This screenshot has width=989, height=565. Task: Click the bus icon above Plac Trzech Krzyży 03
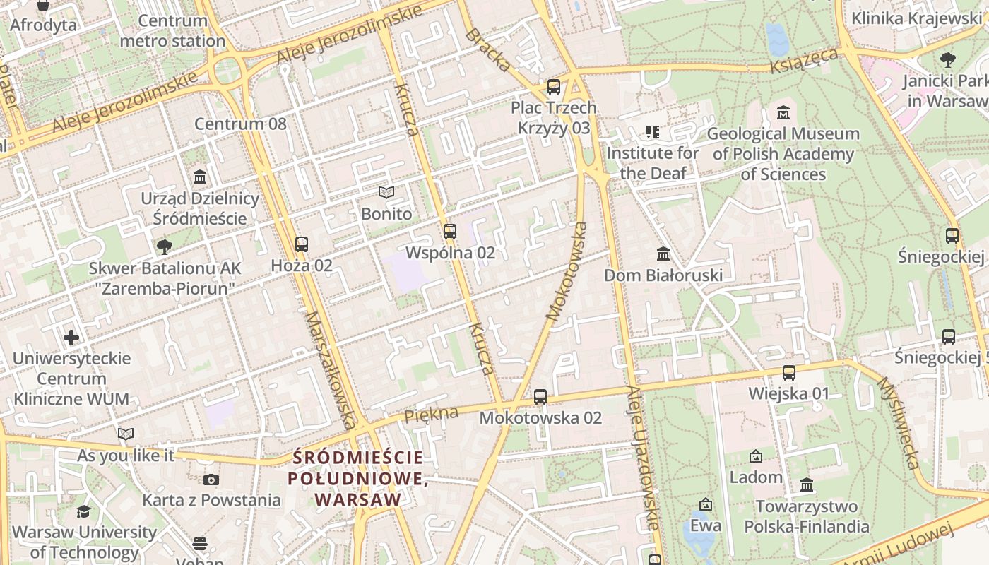pos(554,88)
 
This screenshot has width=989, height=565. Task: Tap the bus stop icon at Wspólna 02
pos(449,232)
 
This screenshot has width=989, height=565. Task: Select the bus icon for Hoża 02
pos(302,244)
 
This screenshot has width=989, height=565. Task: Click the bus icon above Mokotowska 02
pos(540,397)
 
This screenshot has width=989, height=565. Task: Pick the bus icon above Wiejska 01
pos(789,373)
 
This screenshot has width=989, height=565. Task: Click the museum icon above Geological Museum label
pos(783,113)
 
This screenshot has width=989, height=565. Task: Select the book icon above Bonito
pos(386,193)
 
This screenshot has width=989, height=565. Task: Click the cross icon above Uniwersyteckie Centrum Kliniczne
pos(71,338)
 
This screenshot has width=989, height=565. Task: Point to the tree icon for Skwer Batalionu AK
pos(164,247)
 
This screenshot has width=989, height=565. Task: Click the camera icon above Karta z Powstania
pos(211,480)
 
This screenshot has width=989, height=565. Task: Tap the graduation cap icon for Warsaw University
pos(84,511)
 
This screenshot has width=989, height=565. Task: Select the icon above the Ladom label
pos(756,457)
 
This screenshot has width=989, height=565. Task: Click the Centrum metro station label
pos(172,31)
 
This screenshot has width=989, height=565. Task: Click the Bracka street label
pos(487,50)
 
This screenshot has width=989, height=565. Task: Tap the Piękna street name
pos(431,415)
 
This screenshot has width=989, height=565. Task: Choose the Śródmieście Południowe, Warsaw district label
pos(358,479)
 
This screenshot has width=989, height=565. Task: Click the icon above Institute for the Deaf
pos(652,132)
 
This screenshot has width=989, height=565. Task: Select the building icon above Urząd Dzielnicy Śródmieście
pos(200,177)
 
